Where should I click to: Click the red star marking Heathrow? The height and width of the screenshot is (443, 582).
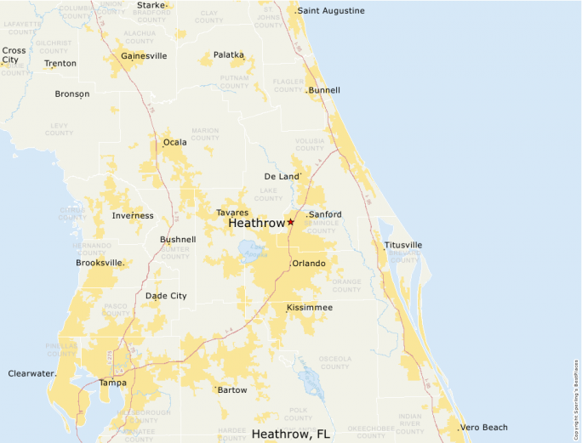[290, 222]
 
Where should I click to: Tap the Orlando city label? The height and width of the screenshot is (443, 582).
[309, 264]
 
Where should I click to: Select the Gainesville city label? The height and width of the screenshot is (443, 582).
[144, 56]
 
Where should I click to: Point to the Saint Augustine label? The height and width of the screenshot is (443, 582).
[331, 11]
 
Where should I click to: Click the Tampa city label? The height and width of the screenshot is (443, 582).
[112, 383]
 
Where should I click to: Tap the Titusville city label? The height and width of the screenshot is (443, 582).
[403, 245]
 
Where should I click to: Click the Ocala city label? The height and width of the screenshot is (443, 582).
[175, 142]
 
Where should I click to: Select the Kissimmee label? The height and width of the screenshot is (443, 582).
[310, 307]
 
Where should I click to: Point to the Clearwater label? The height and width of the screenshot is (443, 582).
[31, 373]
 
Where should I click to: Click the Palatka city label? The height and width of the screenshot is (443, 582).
[228, 55]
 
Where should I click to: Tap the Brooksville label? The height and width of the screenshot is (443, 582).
[100, 262]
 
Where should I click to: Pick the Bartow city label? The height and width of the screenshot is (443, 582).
[232, 390]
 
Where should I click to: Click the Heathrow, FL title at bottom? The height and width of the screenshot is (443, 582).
[291, 434]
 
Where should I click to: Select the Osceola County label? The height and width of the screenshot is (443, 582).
[335, 362]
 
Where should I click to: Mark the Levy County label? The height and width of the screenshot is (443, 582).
[60, 129]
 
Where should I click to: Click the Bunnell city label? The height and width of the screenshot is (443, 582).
[324, 90]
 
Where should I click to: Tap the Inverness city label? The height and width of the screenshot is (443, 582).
[133, 216]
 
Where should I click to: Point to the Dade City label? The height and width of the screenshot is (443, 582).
[166, 296]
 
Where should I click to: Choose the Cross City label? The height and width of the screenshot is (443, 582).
[14, 55]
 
